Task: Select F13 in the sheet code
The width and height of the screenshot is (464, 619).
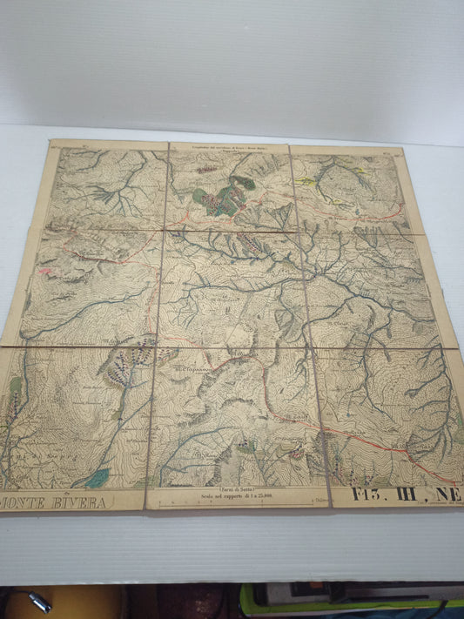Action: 369,497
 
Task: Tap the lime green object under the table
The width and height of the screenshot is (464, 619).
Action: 348,601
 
